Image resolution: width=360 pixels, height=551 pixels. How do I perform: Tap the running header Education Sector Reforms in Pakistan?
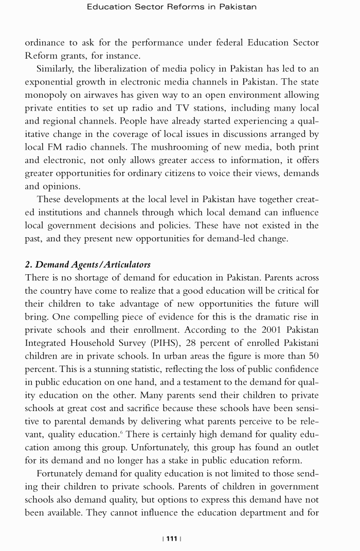[x=172, y=7]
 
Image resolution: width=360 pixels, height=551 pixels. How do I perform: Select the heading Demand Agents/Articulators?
[x=87, y=264]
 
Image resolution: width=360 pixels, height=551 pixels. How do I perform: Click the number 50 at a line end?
[x=313, y=356]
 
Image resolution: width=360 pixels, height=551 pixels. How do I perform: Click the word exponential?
[x=49, y=82]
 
